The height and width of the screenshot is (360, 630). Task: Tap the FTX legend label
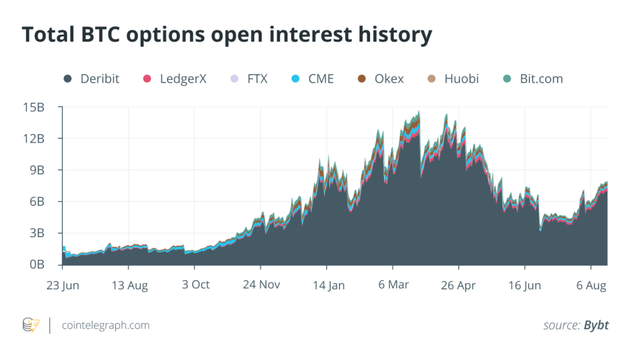click(257, 79)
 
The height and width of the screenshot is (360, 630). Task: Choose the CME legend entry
click(320, 79)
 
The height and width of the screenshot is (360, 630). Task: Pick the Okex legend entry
click(389, 79)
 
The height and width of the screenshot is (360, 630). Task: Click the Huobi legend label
click(461, 79)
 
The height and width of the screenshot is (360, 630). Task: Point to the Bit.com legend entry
click(541, 79)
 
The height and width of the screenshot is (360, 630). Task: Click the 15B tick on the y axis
click(33, 107)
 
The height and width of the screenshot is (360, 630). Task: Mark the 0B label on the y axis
click(36, 265)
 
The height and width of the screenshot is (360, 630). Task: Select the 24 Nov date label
click(261, 285)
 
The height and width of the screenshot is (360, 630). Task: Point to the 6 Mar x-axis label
click(394, 285)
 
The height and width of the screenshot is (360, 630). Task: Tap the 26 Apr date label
click(458, 285)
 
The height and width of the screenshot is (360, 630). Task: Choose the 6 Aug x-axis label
click(590, 285)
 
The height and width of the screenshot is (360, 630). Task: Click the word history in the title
click(392, 35)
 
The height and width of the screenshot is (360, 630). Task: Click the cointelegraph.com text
click(106, 325)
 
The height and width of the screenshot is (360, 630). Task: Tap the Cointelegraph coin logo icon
click(31, 325)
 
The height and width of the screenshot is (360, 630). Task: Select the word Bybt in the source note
click(596, 325)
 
